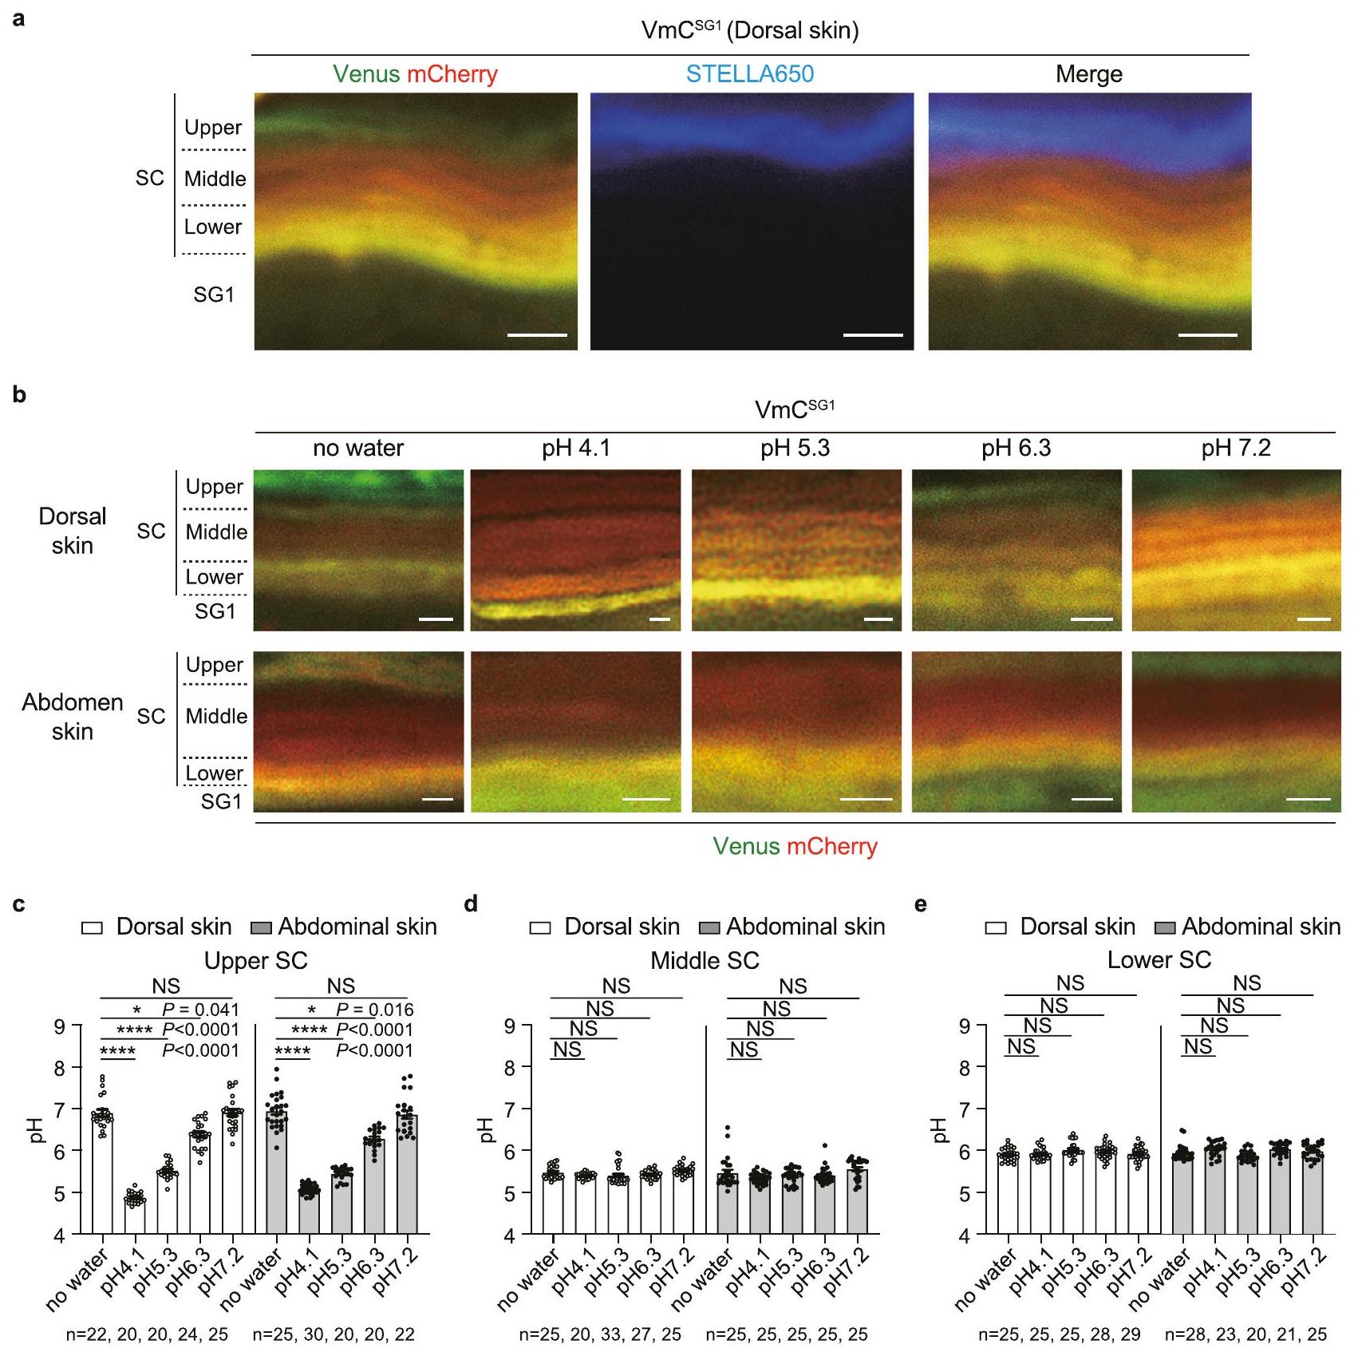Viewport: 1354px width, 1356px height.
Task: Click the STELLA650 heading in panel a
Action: pyautogui.click(x=749, y=74)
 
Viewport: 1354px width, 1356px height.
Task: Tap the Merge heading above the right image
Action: pyautogui.click(x=1088, y=74)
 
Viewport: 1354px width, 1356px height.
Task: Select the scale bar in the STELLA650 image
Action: pyautogui.click(x=872, y=334)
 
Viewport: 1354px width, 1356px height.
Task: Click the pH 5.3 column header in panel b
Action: pyautogui.click(x=795, y=449)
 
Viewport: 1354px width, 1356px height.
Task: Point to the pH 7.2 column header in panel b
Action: pyautogui.click(x=1235, y=449)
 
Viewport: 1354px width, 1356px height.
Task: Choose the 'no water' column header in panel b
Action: pyautogui.click(x=358, y=449)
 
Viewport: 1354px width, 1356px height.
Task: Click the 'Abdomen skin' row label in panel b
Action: pyautogui.click(x=72, y=717)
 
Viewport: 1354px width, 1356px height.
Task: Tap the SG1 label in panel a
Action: pyautogui.click(x=214, y=295)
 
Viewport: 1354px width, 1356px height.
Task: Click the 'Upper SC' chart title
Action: pyautogui.click(x=255, y=960)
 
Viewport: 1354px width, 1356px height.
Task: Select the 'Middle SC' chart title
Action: pyautogui.click(x=705, y=960)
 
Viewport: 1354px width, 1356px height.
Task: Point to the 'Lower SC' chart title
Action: pyautogui.click(x=1159, y=959)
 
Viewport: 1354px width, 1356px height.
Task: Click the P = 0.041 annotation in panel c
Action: pyautogui.click(x=200, y=1010)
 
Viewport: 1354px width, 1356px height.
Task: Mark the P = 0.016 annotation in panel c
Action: pyautogui.click(x=374, y=1010)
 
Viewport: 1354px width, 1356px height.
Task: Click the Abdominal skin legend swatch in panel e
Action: pyautogui.click(x=1166, y=927)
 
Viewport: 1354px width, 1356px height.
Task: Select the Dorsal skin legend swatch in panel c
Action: pyautogui.click(x=93, y=927)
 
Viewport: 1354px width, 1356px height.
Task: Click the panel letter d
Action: pyautogui.click(x=471, y=904)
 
